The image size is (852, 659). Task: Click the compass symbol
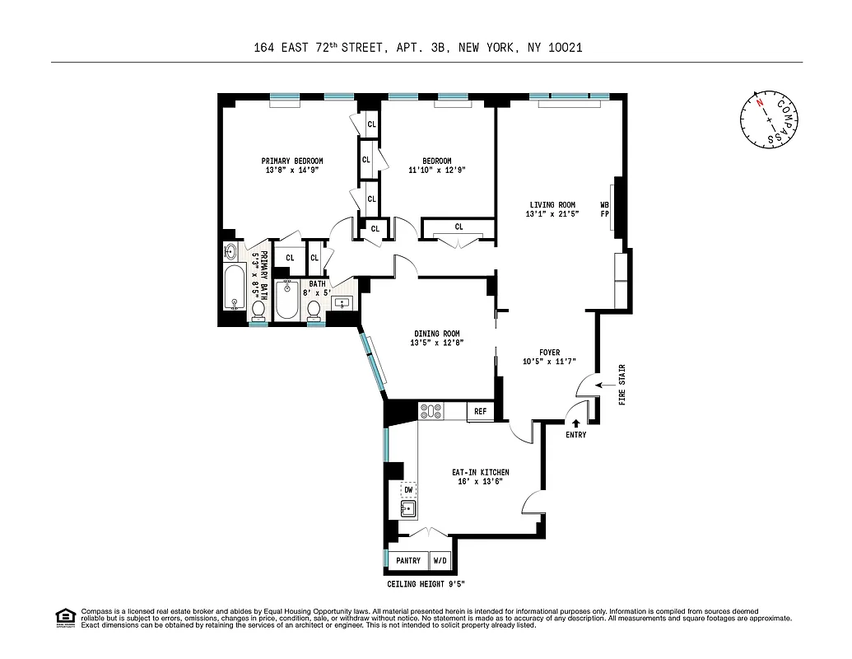[x=769, y=119]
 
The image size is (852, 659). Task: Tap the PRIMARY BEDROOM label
[x=291, y=161]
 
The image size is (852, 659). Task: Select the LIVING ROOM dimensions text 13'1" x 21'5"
[x=552, y=213]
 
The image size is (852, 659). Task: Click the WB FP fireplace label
[x=604, y=208]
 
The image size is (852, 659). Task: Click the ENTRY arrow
[x=575, y=423]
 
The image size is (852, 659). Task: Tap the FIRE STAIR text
[x=622, y=385]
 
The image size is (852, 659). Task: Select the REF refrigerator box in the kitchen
[x=480, y=410]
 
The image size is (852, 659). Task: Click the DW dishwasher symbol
[x=407, y=489]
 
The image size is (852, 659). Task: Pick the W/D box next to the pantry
[x=441, y=561]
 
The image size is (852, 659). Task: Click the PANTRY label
[x=408, y=561]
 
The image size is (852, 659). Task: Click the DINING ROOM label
[x=436, y=334]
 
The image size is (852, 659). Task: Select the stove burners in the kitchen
[x=431, y=410]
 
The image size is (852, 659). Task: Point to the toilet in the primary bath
[x=258, y=309]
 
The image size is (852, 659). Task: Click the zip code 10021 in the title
[x=566, y=48]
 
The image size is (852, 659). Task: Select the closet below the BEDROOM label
[x=458, y=227]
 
